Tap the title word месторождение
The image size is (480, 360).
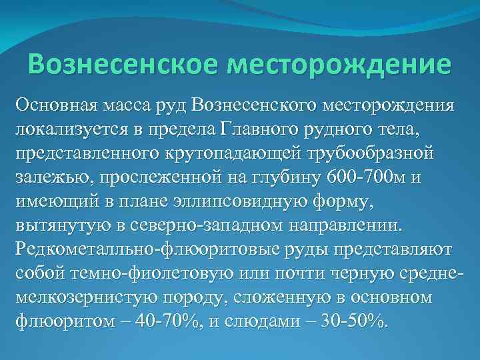point(339,65)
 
